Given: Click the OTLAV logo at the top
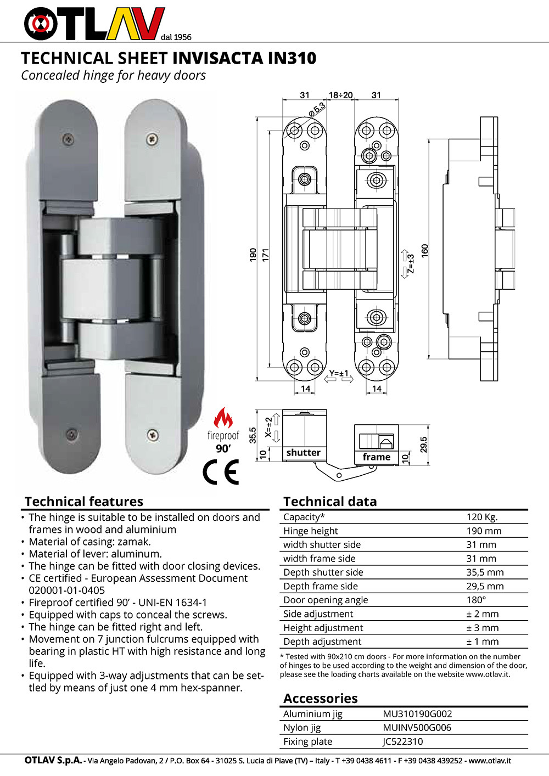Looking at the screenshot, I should [x=94, y=24].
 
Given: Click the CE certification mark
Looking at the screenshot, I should [x=221, y=472].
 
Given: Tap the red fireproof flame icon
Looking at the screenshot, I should [x=223, y=419].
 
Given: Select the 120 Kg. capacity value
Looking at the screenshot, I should [x=481, y=517].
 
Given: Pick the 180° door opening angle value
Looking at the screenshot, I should [x=476, y=600].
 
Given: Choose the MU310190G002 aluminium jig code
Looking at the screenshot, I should [x=417, y=714].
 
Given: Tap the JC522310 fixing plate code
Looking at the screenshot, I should [x=403, y=741].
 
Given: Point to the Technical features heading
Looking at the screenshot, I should [x=83, y=502].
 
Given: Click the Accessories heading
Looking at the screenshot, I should [x=320, y=699].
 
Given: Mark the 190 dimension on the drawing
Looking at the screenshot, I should [x=253, y=254].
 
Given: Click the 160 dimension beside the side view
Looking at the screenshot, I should [x=424, y=251].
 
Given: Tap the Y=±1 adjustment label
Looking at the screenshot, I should [x=339, y=374].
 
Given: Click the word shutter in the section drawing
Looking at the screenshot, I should [x=303, y=453].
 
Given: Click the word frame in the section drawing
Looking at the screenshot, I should [x=376, y=457].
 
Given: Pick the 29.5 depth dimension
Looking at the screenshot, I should [x=423, y=445].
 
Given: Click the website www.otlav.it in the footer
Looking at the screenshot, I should [x=490, y=761].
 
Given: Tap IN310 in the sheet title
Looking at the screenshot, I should [x=292, y=58].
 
